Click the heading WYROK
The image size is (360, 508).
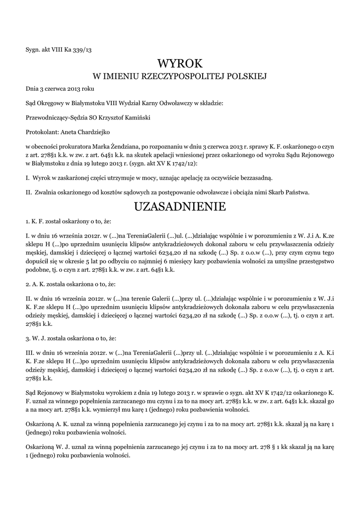(180, 63)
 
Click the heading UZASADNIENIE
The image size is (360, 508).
(180, 206)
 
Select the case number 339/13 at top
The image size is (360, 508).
(81, 49)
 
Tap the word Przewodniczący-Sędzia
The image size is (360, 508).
(55, 118)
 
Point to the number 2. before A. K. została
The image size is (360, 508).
(27, 285)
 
